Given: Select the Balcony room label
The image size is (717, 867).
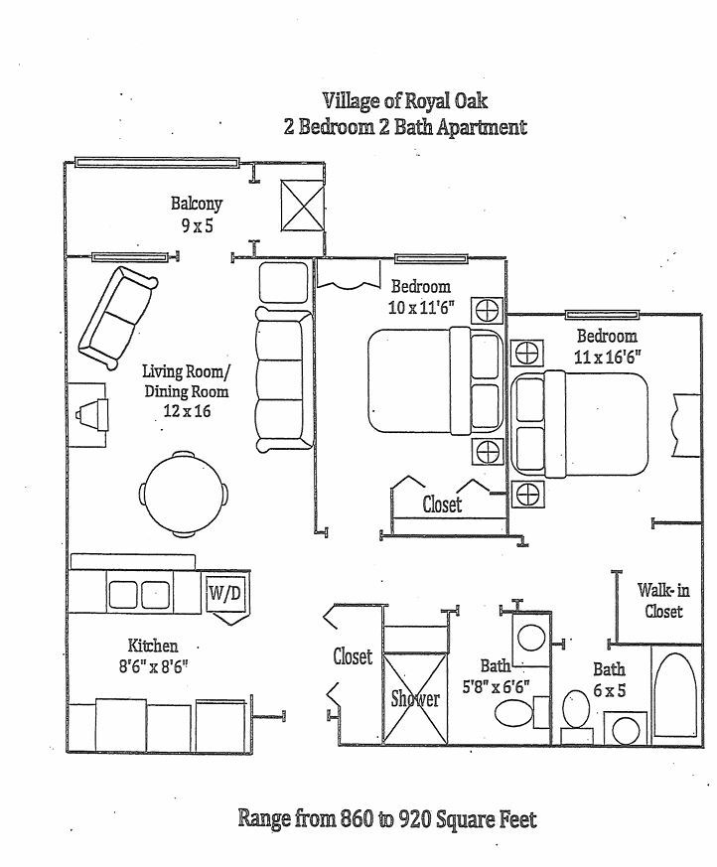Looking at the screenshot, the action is tap(196, 204).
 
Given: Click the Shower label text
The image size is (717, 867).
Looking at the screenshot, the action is tap(414, 698).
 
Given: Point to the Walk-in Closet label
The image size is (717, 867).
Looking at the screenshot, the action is tap(659, 600).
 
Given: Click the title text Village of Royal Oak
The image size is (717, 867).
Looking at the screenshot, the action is tap(404, 100).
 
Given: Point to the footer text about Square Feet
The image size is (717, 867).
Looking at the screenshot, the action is tap(386, 819).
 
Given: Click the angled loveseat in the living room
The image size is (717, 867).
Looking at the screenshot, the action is tap(116, 314).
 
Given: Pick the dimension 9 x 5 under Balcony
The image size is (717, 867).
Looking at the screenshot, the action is tap(196, 224).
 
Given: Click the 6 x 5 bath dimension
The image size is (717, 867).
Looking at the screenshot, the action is tap(610, 688).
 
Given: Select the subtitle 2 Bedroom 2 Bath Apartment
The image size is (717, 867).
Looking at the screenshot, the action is tap(405, 127).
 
